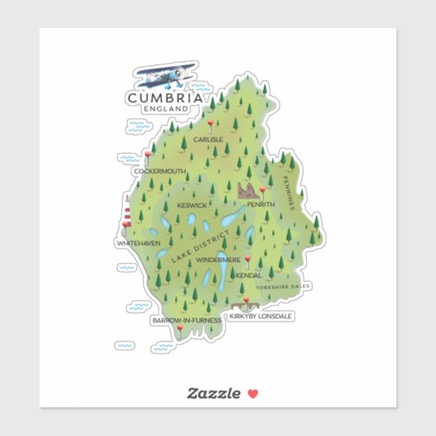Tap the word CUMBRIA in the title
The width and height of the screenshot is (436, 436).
pos(165,98)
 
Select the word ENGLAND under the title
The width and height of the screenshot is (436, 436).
pos(164,108)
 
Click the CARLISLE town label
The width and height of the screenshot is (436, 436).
pos(206,140)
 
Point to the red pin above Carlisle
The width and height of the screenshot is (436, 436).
pos(211,124)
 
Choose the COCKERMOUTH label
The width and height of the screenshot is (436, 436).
pos(160,171)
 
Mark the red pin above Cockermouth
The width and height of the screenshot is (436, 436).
pos(147,155)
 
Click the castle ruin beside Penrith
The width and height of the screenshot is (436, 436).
pos(245,191)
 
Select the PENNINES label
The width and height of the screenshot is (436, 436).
pos(288,192)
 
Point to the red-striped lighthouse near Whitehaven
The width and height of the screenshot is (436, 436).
pos(127,212)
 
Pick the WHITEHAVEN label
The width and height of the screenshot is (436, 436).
pos(138,244)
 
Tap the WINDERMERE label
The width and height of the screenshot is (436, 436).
pos(218,260)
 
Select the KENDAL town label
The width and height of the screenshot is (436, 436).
pos(249,276)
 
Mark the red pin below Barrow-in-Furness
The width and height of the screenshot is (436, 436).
pos(179,329)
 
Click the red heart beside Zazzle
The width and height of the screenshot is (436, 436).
pos(253,393)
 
